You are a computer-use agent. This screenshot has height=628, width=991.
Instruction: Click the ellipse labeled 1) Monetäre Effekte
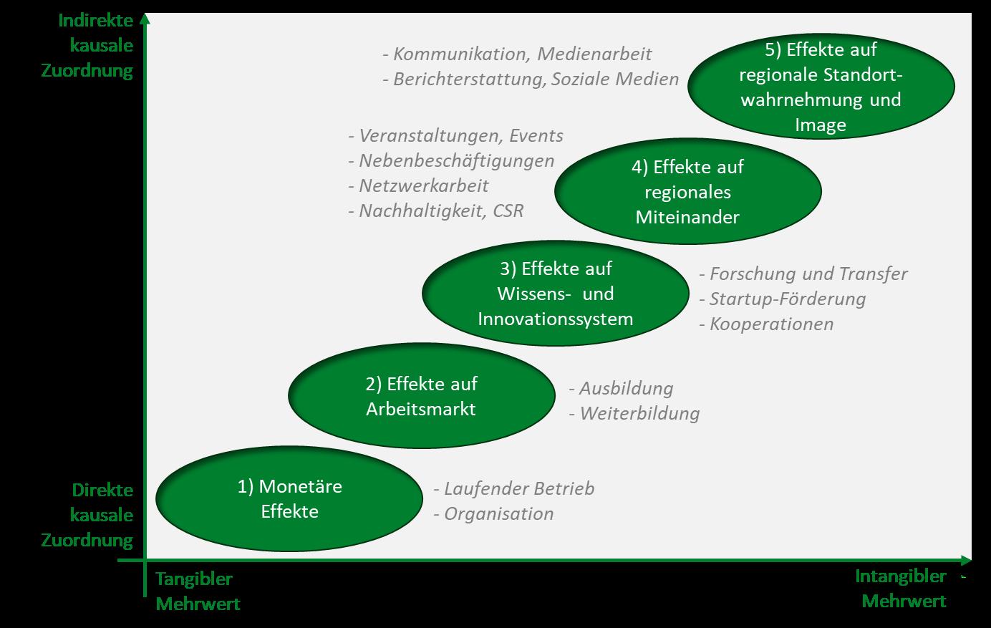289,499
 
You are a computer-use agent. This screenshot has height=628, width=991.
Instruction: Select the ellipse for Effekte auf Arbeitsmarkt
421,396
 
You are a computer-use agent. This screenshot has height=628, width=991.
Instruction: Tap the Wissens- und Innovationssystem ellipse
555,294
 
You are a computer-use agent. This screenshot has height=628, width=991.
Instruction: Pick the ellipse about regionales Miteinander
687,191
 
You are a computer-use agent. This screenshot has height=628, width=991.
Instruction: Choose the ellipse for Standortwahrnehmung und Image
821,87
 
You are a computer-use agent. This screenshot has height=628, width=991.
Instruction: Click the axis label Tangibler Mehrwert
198,591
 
